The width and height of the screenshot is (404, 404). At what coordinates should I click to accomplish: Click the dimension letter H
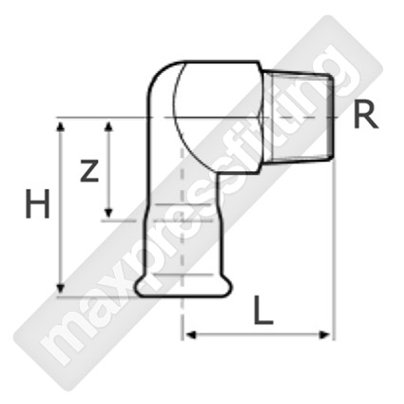tap(37, 203)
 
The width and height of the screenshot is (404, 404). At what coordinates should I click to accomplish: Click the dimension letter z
tap(89, 171)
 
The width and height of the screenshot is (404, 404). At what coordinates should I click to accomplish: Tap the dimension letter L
tap(262, 310)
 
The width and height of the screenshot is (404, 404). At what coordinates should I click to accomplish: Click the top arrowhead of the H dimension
tap(61, 126)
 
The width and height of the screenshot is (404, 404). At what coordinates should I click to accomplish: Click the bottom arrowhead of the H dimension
tap(61, 289)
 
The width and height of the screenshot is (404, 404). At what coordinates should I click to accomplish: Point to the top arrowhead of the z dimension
tap(108, 126)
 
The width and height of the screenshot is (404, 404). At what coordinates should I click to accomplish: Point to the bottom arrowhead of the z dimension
tap(108, 213)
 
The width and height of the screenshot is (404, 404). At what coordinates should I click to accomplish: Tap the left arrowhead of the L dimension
tap(191, 335)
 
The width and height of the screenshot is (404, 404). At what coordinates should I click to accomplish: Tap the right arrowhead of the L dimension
tap(325, 335)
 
